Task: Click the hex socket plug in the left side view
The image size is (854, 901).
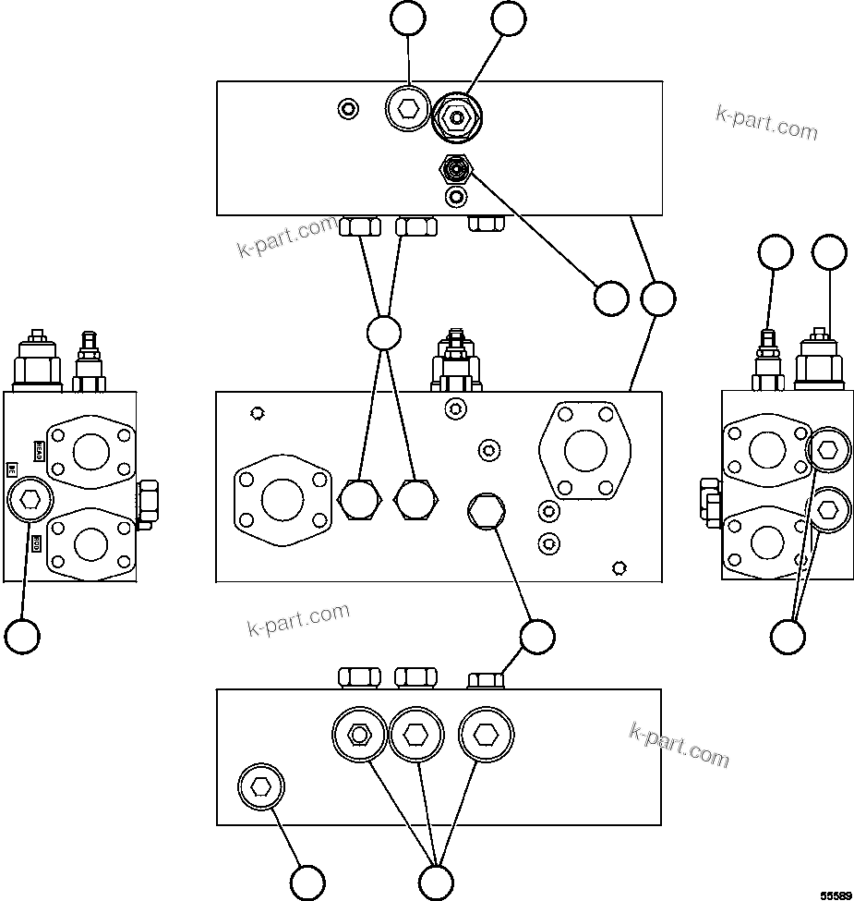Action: (x=30, y=500)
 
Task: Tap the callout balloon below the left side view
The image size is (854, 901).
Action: (x=22, y=636)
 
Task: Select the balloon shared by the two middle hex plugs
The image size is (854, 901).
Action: (x=383, y=333)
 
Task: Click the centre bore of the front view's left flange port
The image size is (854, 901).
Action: (x=283, y=500)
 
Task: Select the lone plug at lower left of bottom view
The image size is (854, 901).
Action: (x=261, y=786)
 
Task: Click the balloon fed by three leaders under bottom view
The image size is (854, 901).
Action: (x=436, y=882)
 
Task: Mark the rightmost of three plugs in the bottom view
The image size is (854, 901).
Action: (x=486, y=735)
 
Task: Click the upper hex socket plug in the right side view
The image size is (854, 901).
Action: (x=827, y=450)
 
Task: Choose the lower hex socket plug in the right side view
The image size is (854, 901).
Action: (x=827, y=508)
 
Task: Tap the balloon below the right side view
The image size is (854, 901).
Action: (x=788, y=636)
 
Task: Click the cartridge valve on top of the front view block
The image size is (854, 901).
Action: (x=454, y=360)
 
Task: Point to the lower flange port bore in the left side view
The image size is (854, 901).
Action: (x=90, y=542)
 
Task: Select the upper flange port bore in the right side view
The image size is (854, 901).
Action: (x=767, y=451)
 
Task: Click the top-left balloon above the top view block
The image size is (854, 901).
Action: (x=407, y=18)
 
